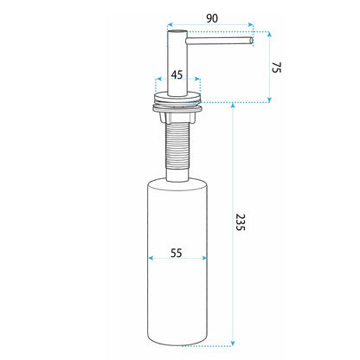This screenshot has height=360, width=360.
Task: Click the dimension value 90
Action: point(212,18)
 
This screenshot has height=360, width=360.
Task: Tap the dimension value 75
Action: point(276,67)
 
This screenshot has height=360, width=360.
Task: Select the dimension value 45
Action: point(177,75)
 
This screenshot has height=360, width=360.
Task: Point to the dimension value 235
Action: point(240,222)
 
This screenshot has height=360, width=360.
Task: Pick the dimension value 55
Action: point(177,254)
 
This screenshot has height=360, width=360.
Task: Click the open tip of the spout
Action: point(251,41)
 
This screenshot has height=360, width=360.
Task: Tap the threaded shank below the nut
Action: point(177,145)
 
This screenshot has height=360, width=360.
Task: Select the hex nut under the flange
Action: point(177,117)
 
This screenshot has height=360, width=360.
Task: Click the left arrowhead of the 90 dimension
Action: point(170,25)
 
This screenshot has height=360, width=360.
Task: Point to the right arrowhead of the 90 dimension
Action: point(251,25)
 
